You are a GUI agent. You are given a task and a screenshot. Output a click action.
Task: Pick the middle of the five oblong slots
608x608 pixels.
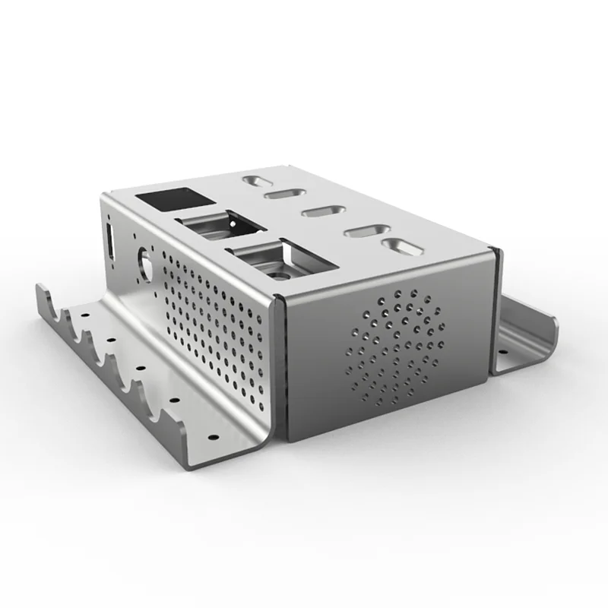[324, 211]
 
